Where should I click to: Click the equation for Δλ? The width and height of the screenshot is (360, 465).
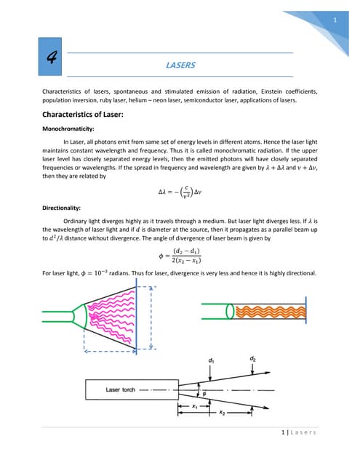click(180, 193)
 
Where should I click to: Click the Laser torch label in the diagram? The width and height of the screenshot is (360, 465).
click(123, 389)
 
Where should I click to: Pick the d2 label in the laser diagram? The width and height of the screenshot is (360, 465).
click(252, 358)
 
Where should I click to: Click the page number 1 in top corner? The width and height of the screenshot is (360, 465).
click(334, 20)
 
